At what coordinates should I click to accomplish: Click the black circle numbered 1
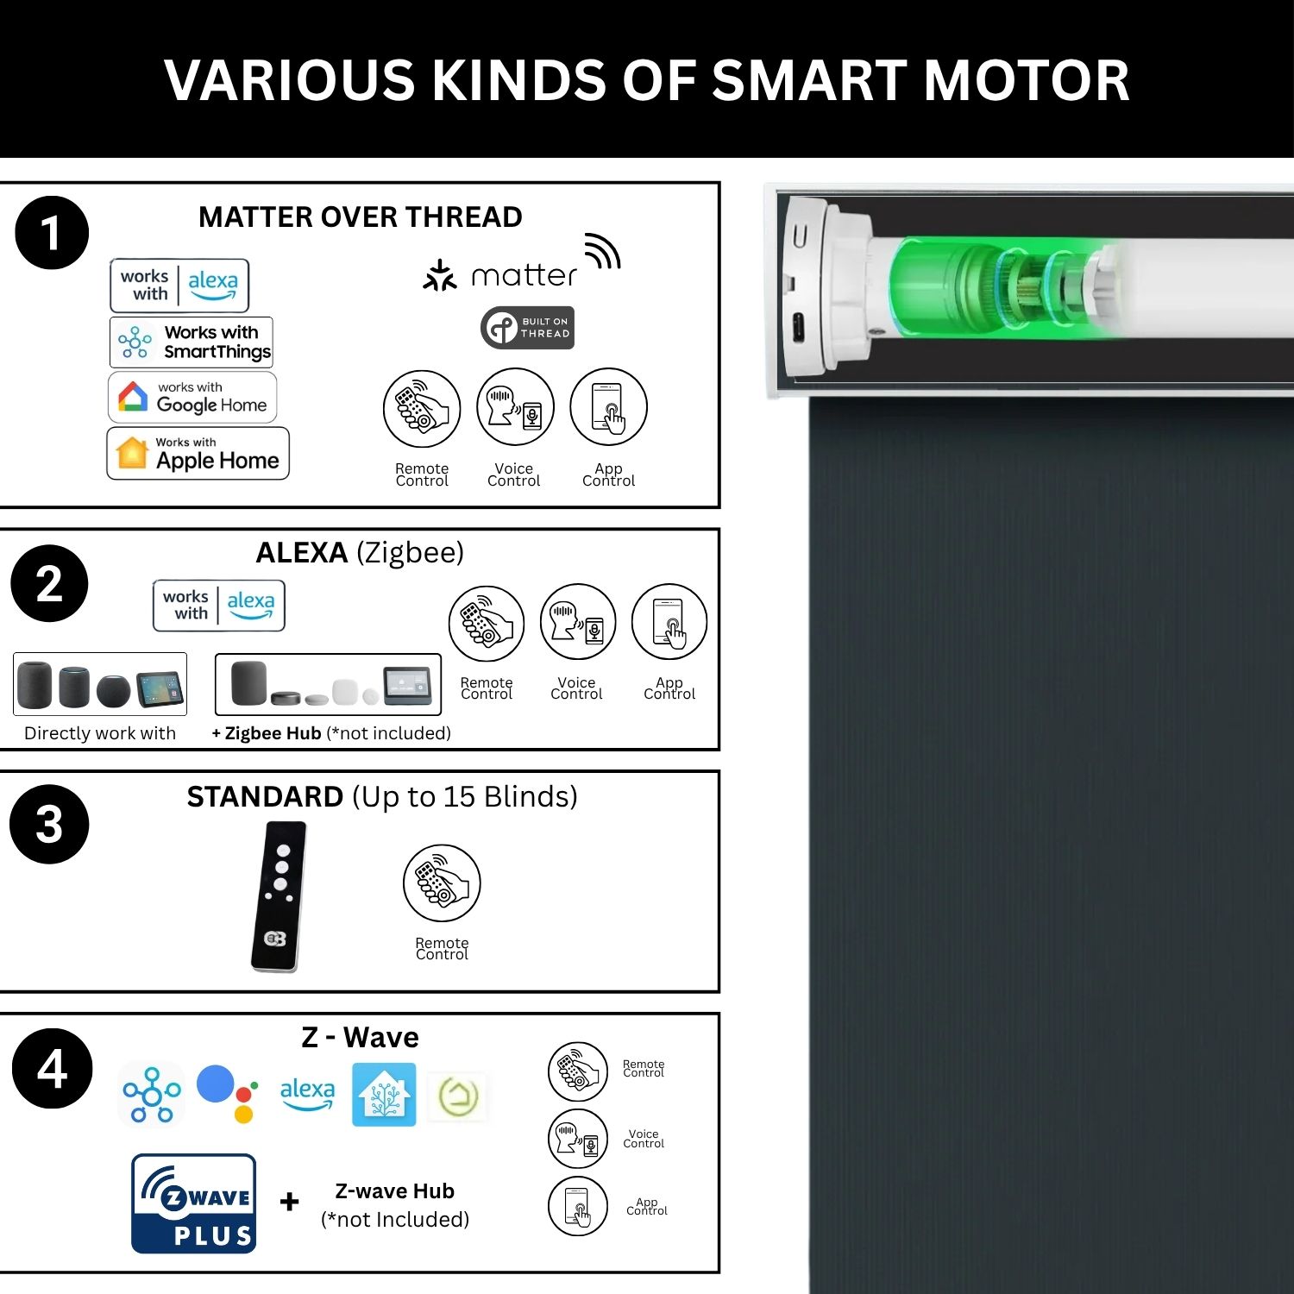coord(52,233)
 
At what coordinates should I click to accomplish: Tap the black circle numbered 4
coord(52,1068)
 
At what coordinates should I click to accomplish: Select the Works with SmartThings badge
coord(192,342)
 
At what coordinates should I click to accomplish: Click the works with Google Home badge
coord(192,397)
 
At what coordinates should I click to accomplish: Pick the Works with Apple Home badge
coord(198,453)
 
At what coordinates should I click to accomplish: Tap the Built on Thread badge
coord(527,328)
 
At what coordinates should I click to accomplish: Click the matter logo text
coord(524,275)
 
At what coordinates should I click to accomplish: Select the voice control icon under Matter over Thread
coord(515,407)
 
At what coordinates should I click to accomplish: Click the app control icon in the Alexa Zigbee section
coord(669,622)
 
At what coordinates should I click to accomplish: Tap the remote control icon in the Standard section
coord(442,883)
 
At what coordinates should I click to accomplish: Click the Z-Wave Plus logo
coord(194,1203)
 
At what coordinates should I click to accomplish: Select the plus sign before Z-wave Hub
coord(290,1202)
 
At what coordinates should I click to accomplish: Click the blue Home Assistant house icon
coord(384,1094)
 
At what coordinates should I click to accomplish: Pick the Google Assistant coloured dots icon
coord(228,1093)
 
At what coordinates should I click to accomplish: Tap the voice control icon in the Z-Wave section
coord(578,1139)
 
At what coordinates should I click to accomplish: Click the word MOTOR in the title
coord(1027,80)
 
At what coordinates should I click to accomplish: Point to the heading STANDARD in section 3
coord(265,796)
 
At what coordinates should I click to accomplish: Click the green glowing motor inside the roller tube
coord(1001,287)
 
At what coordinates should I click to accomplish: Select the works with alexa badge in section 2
coord(219,606)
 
